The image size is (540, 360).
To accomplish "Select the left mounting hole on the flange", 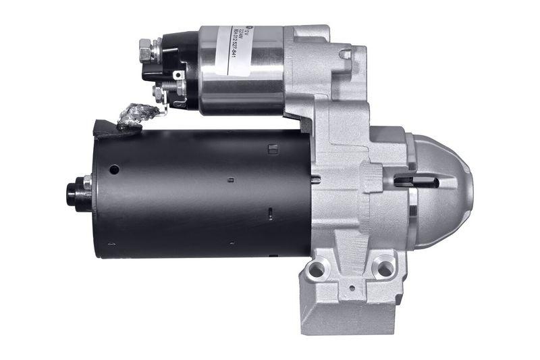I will (x=315, y=270).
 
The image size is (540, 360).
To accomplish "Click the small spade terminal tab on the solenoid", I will (x=179, y=76).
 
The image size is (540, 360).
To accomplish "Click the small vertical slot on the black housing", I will (x=269, y=214).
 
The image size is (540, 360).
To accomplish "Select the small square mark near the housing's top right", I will (x=273, y=149).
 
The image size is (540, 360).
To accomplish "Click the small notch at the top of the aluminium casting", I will (x=346, y=53).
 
